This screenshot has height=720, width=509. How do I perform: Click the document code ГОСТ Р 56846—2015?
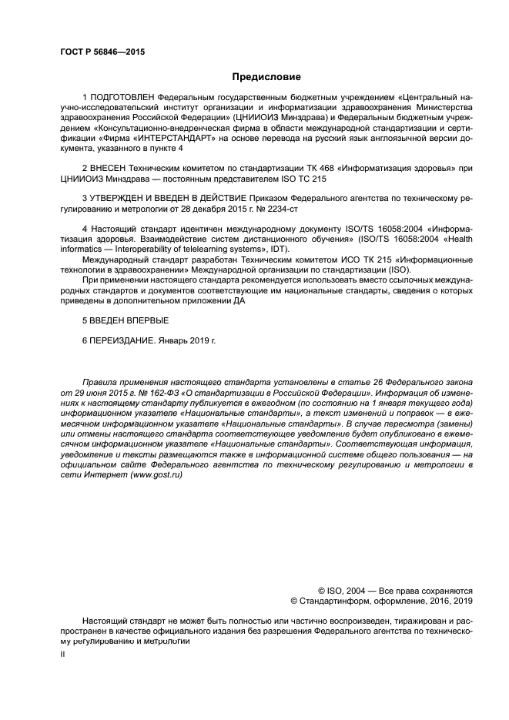pos(102,52)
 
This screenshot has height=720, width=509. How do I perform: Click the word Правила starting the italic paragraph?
pos(99,381)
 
